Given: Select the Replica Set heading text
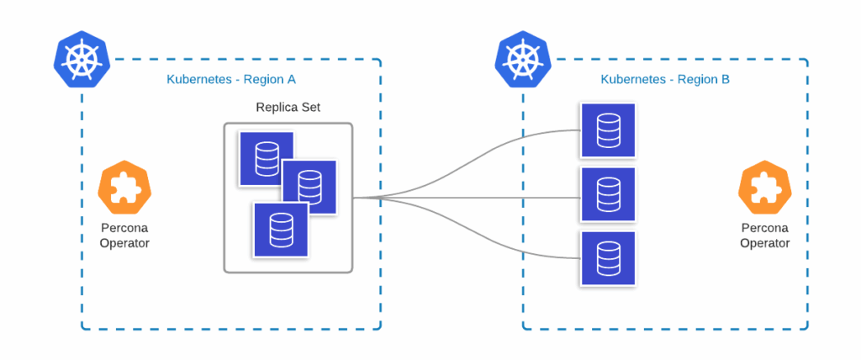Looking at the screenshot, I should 288,108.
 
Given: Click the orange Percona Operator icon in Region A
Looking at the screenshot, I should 125,191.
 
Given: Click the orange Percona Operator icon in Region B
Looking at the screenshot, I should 765,191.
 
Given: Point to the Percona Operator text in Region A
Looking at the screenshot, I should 125,236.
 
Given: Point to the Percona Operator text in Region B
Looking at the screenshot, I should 765,236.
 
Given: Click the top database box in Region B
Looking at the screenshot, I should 608,130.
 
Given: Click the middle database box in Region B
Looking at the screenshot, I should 608,195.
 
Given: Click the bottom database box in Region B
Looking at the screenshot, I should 608,258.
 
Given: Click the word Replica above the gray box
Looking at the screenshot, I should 275,108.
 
